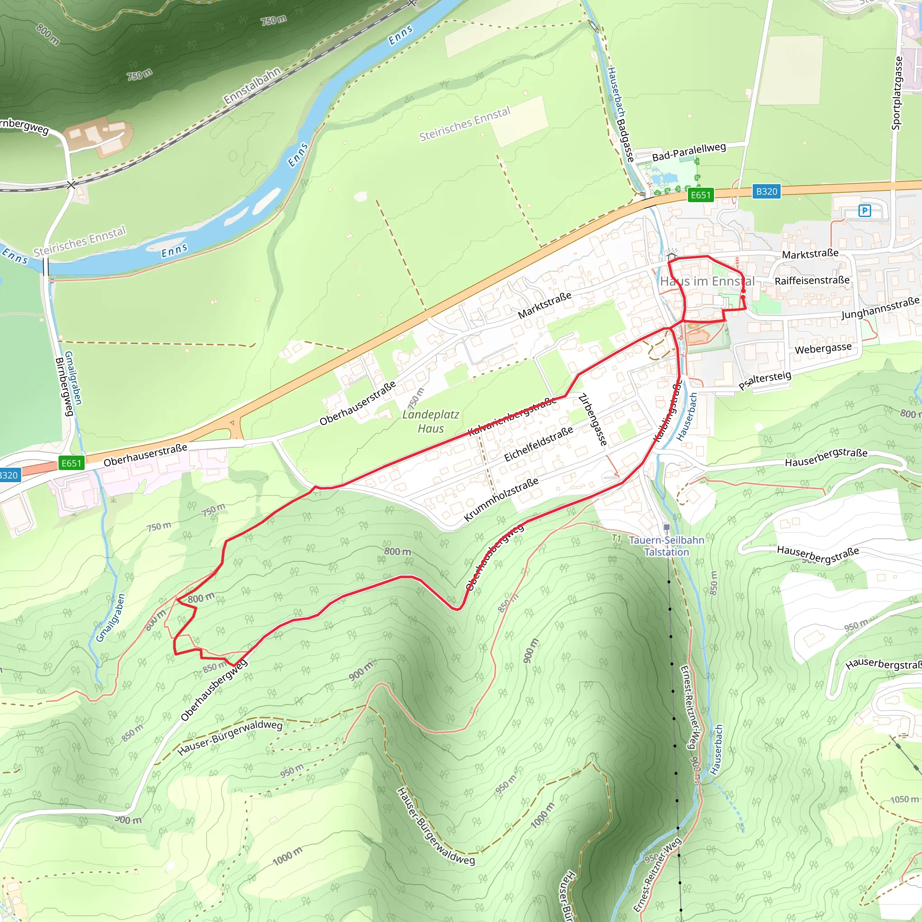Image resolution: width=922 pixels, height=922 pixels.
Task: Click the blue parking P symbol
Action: coord(864,210)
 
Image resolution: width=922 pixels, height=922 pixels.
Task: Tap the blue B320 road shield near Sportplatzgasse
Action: coord(766,191)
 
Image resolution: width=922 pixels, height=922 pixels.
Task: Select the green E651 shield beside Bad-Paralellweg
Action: coord(701,194)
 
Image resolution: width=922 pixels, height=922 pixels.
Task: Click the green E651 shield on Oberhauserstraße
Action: coord(71,463)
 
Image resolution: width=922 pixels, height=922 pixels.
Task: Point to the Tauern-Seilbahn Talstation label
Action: coord(666,546)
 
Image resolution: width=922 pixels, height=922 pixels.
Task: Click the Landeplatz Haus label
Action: coord(430,421)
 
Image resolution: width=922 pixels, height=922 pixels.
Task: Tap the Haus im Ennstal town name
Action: coord(707,281)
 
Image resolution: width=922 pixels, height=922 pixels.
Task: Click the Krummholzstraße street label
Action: coord(501,499)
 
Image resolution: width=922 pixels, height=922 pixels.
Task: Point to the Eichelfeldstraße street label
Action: coord(538,444)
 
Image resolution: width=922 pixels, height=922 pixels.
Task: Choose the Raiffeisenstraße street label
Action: coord(812,280)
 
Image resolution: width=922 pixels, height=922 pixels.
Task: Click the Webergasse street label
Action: coord(823,348)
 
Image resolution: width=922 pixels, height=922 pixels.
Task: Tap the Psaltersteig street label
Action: coord(765,380)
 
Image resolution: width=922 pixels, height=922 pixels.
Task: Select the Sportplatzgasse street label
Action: coord(897,93)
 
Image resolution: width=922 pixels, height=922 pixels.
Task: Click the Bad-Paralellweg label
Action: coord(689,152)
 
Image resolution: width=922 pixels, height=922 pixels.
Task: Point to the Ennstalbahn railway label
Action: coord(252,86)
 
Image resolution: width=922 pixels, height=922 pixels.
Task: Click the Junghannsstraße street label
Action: coord(880,308)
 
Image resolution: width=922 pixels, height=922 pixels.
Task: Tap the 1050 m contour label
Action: coord(904,800)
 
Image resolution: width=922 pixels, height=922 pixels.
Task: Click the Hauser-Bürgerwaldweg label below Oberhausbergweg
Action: coord(230,738)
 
